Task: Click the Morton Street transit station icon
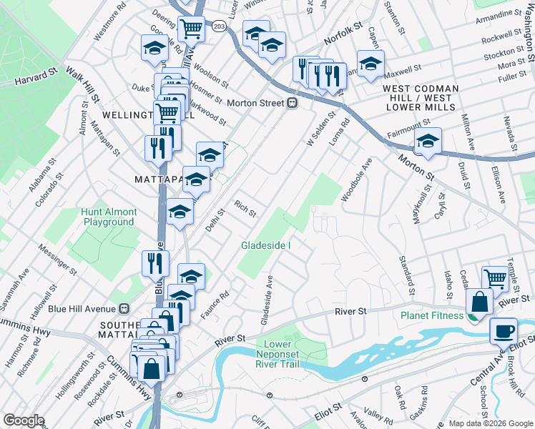292,103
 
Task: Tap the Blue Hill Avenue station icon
124,308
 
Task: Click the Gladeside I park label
265,245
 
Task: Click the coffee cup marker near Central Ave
504,331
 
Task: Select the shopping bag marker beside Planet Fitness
478,302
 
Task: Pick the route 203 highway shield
219,26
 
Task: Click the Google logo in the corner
24,420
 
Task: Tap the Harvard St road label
35,74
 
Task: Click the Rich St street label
245,209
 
